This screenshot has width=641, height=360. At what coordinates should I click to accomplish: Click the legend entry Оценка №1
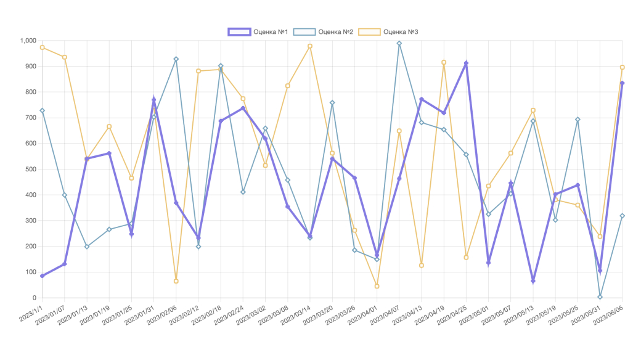258,31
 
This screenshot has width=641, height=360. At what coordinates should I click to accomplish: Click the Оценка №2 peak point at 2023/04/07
399,43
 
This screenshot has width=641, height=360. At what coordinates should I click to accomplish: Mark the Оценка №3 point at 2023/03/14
310,46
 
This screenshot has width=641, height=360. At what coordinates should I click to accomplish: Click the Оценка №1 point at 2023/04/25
466,63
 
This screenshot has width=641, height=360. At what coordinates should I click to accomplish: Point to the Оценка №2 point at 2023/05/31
600,297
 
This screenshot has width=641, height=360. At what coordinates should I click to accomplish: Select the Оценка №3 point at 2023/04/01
377,286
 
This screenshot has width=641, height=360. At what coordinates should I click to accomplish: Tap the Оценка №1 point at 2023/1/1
42,276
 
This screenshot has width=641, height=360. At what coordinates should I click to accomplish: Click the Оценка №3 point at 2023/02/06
176,281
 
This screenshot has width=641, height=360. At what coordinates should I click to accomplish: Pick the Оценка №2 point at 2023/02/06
176,59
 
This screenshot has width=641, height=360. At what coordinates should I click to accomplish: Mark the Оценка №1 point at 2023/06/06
622,83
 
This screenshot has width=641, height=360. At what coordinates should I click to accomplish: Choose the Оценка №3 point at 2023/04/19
444,62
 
